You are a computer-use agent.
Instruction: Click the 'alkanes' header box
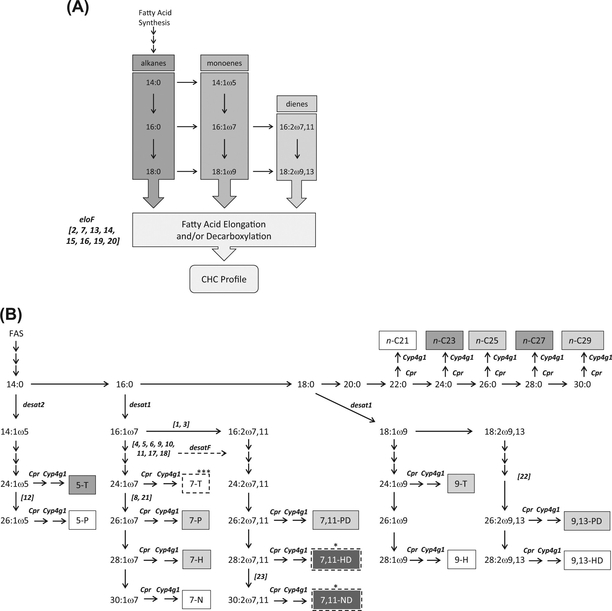(x=153, y=63)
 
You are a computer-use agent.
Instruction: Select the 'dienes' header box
(x=296, y=104)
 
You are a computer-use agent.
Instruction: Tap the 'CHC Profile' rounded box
(x=224, y=279)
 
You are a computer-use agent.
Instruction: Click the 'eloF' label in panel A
(x=87, y=219)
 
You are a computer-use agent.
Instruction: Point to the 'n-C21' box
(x=397, y=340)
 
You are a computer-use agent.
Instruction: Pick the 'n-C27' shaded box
(x=534, y=340)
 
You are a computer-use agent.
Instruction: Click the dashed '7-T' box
(x=196, y=484)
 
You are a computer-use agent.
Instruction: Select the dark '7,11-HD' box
(x=336, y=560)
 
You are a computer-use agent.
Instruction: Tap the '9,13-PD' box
(x=587, y=521)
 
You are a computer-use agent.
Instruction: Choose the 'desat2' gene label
(x=34, y=405)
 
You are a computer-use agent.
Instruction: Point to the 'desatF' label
(x=200, y=447)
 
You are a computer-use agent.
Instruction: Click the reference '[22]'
(x=524, y=476)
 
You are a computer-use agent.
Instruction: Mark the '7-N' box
(x=196, y=600)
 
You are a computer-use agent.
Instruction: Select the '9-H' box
(x=461, y=560)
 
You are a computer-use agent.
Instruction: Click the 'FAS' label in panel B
(x=16, y=333)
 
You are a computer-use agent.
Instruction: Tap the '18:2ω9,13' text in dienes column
(x=296, y=172)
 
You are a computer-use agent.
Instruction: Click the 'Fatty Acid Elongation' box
(x=224, y=230)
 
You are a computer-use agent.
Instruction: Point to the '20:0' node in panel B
(x=352, y=385)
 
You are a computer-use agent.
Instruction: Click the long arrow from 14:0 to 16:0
(x=70, y=384)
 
